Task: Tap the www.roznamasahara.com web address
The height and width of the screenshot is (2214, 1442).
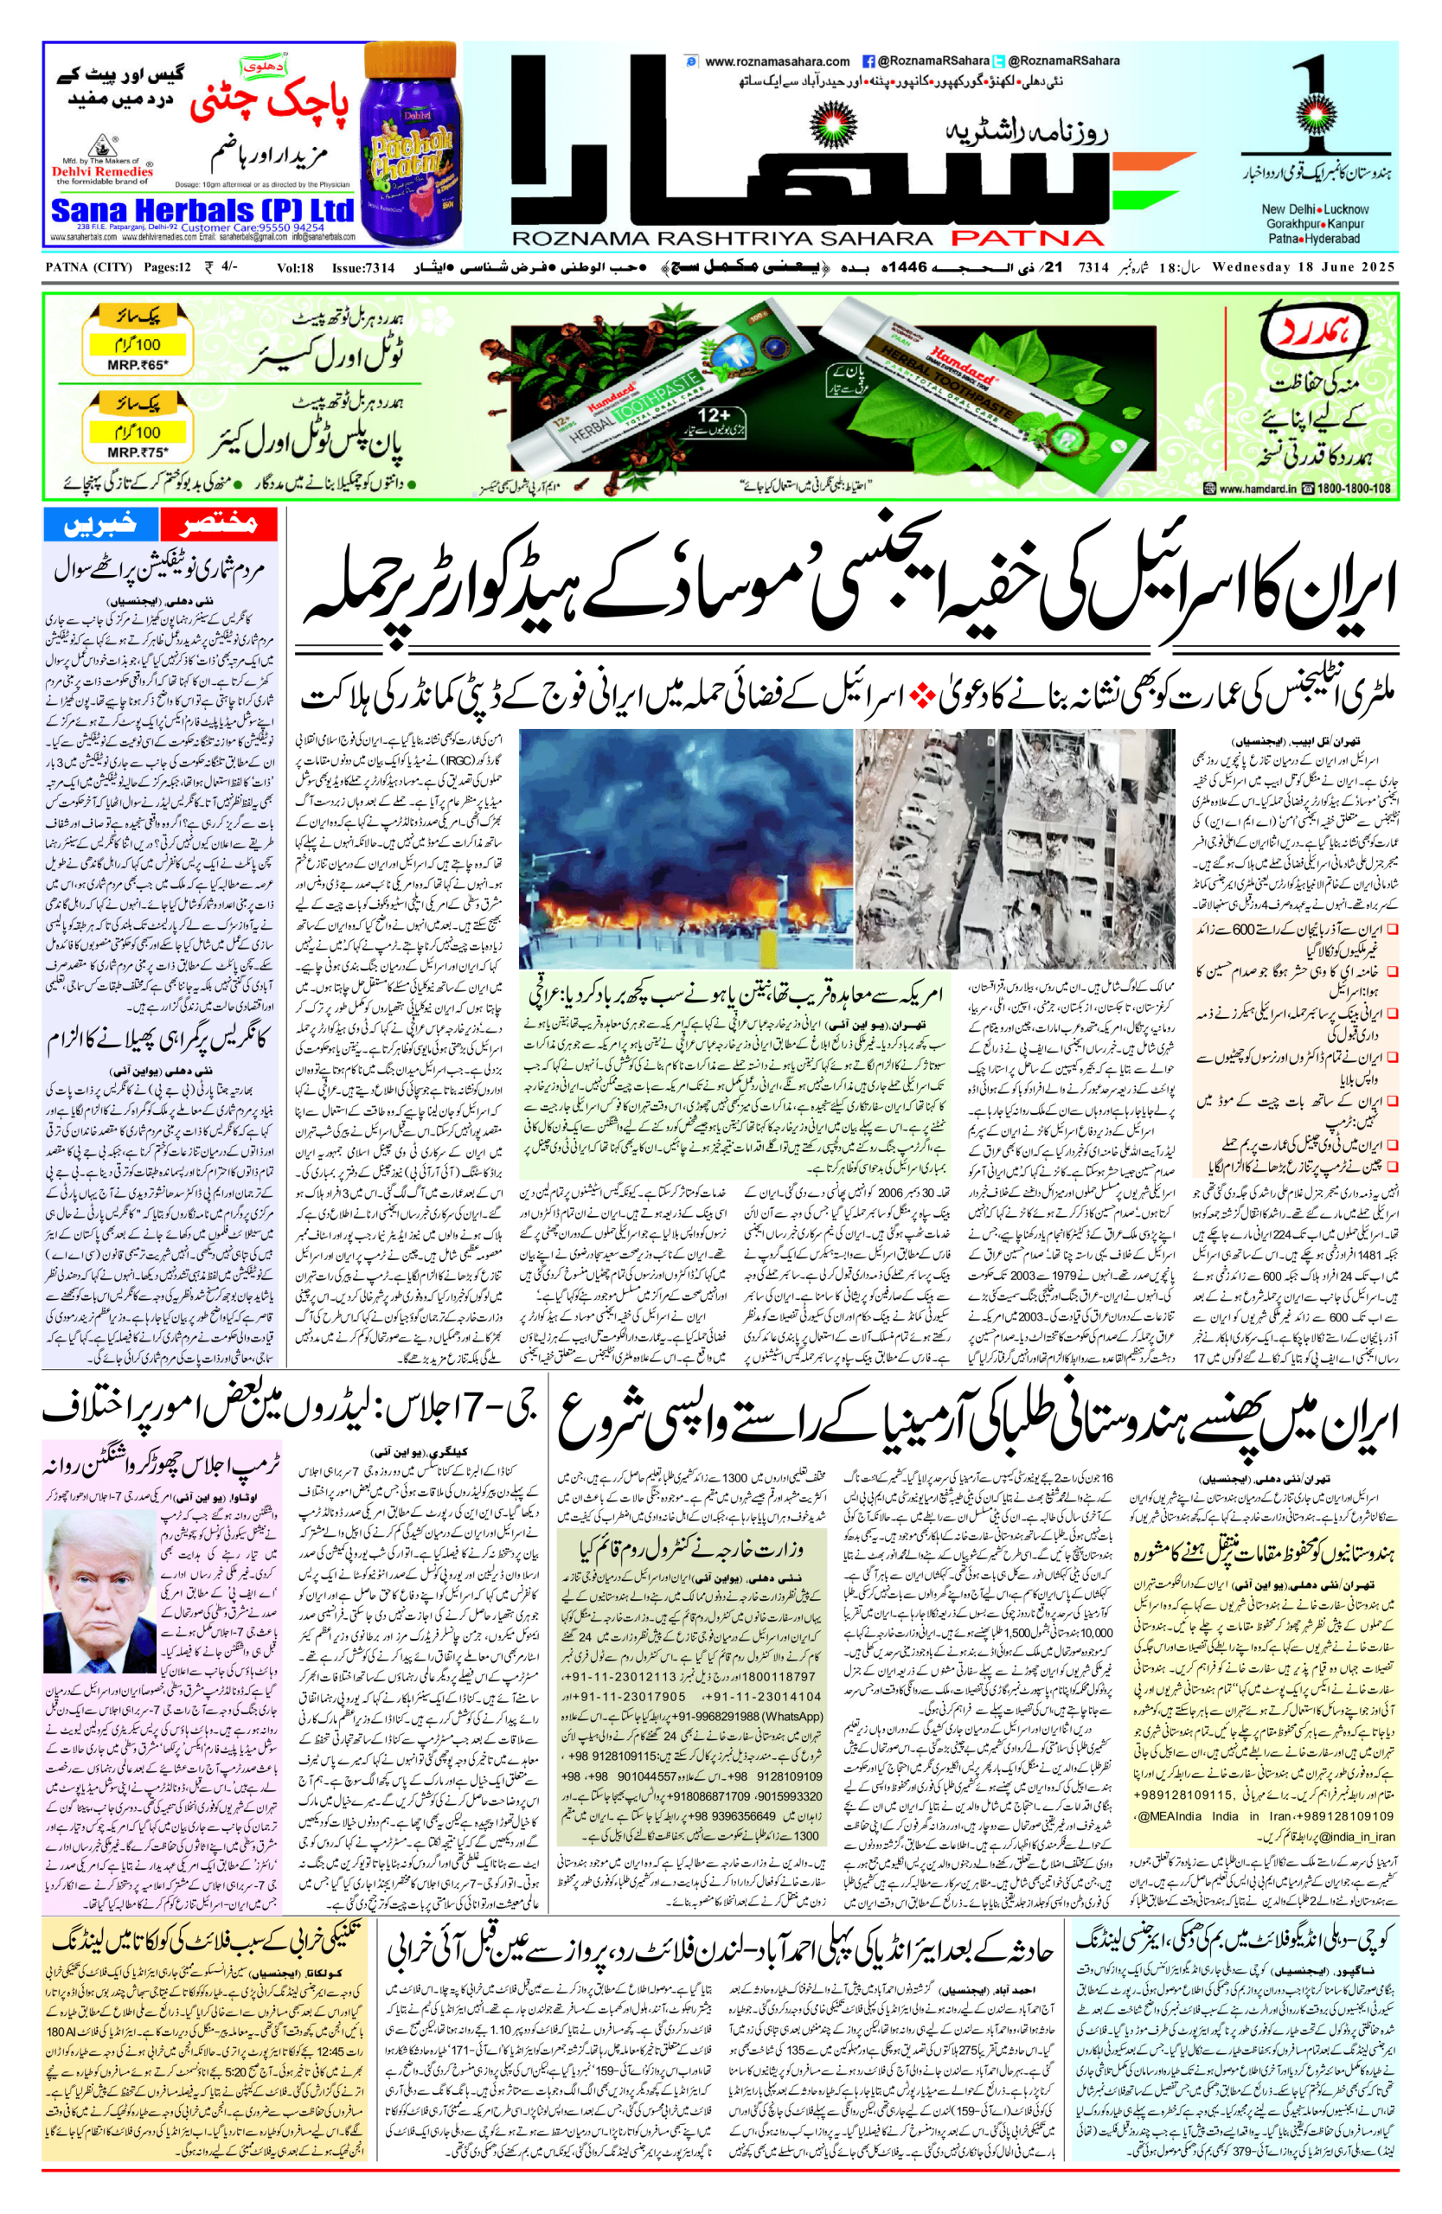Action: pyautogui.click(x=777, y=61)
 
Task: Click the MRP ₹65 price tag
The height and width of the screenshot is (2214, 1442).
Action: pyautogui.click(x=137, y=365)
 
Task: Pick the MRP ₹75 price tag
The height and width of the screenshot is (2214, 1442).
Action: pyautogui.click(x=137, y=452)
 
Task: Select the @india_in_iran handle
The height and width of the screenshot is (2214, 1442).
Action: pyautogui.click(x=1357, y=1835)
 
